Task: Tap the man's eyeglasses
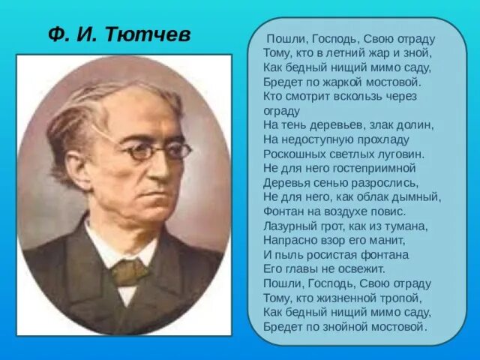coord(154,151)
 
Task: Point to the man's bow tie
coord(130,271)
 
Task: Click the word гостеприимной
coord(376,167)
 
